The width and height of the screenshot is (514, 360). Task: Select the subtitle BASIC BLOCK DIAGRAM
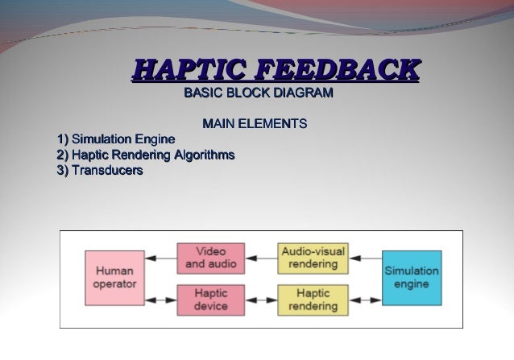(x=259, y=95)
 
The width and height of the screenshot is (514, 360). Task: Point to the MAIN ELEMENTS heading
(x=255, y=126)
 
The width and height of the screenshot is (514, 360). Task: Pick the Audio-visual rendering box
(x=313, y=257)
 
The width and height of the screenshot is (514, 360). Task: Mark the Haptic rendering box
(x=313, y=300)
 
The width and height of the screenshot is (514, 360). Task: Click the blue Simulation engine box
(x=411, y=277)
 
